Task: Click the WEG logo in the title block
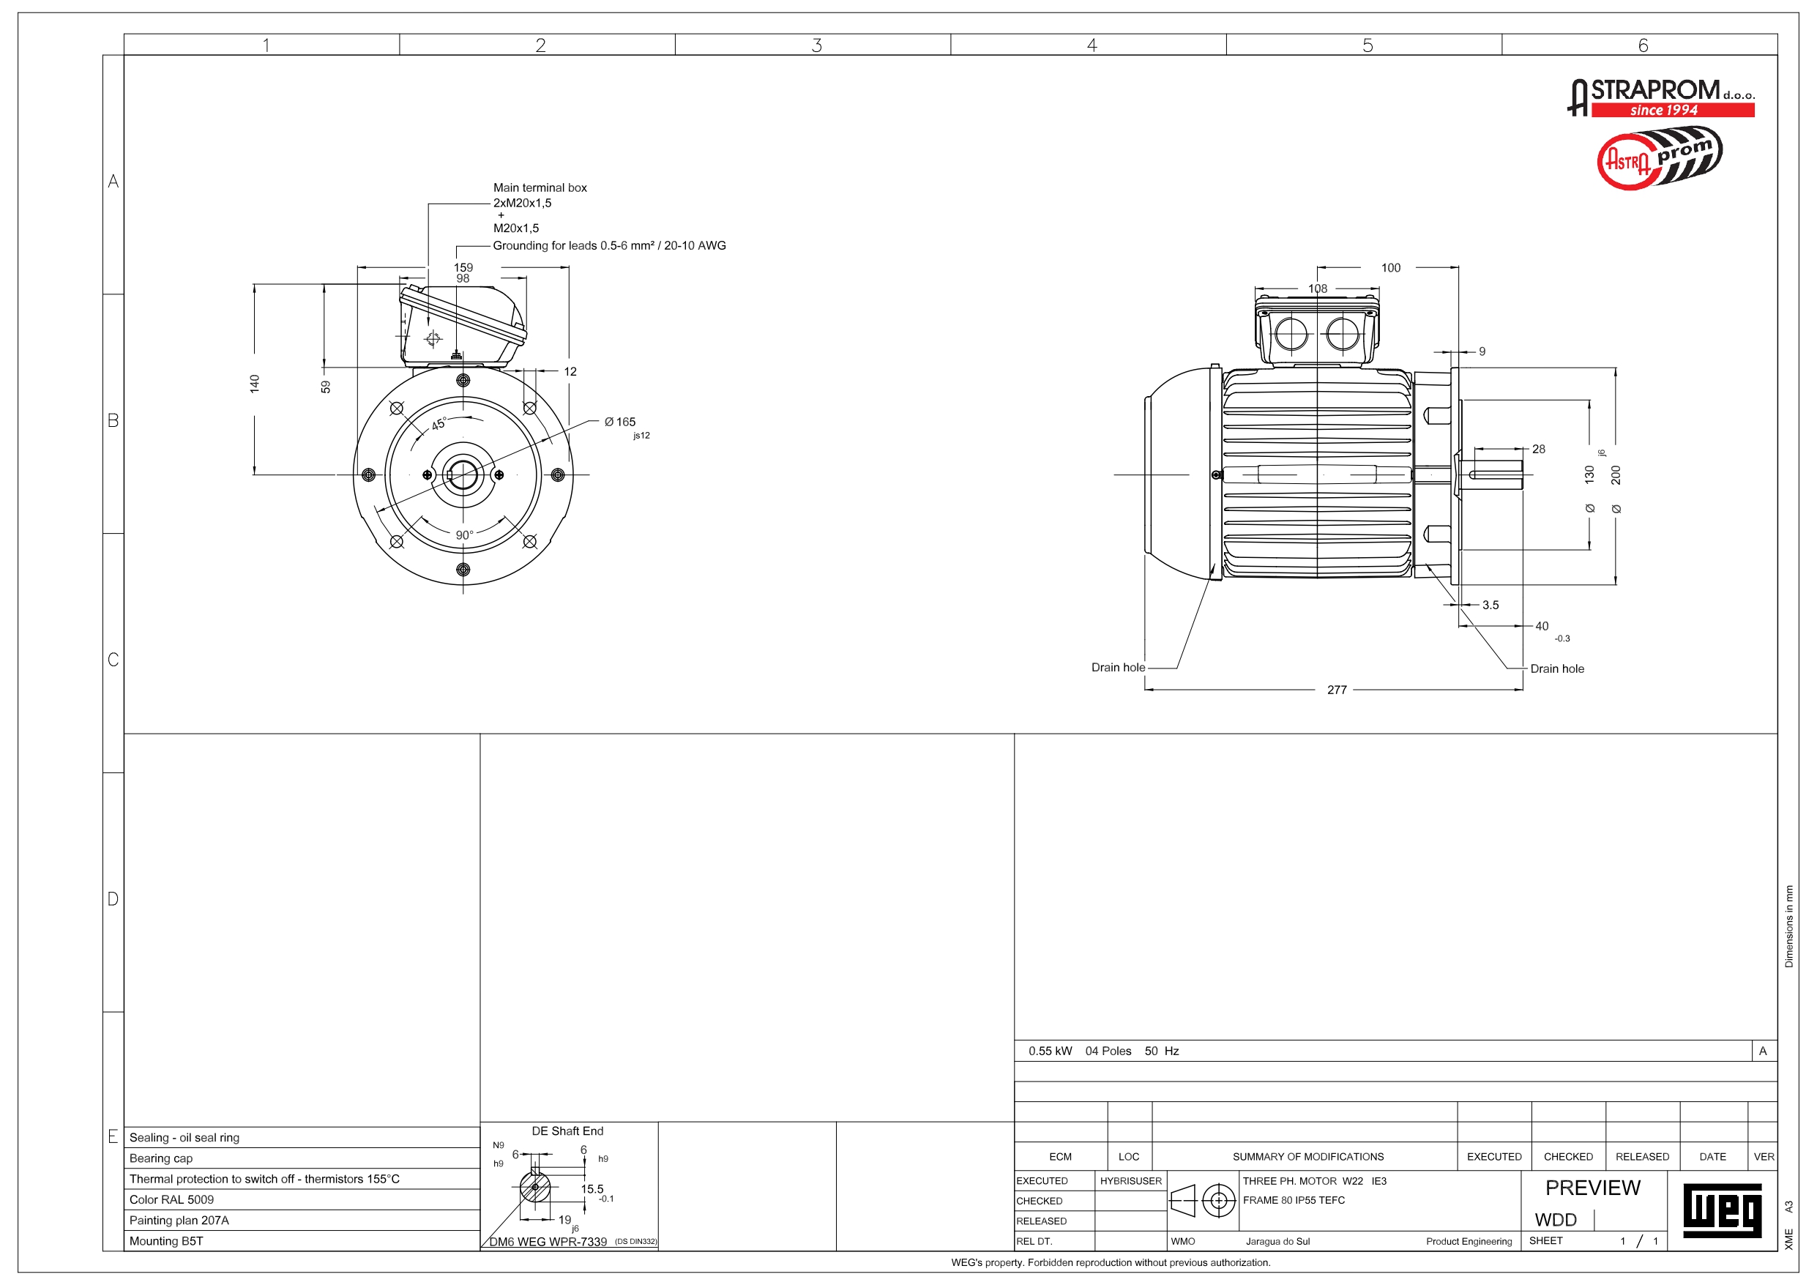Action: click(1722, 1210)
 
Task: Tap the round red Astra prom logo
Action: click(1659, 159)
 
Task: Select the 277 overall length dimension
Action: click(1337, 690)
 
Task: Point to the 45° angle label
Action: click(439, 425)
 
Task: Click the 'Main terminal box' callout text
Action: click(540, 187)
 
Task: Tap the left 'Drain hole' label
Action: click(1117, 668)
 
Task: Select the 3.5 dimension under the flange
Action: click(1490, 605)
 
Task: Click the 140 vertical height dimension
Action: click(254, 384)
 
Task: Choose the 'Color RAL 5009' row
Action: click(172, 1199)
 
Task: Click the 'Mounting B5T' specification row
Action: click(166, 1240)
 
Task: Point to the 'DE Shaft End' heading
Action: click(567, 1131)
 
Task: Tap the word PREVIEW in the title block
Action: click(1592, 1188)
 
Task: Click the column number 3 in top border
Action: click(816, 45)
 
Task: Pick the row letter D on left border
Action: click(113, 898)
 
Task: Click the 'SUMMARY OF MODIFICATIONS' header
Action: click(1307, 1157)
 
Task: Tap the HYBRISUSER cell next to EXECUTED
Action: click(1130, 1180)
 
